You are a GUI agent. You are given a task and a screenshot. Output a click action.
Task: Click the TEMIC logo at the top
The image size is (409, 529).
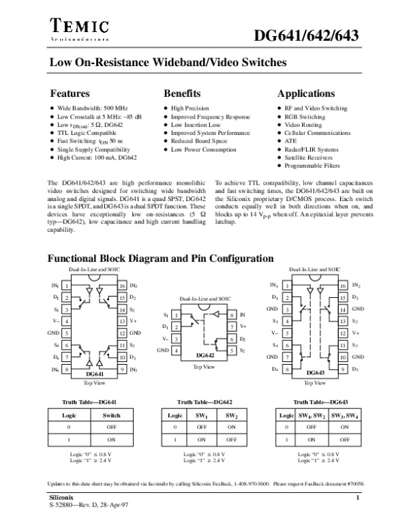point(81,28)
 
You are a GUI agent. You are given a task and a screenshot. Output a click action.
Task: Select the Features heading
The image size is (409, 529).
point(70,93)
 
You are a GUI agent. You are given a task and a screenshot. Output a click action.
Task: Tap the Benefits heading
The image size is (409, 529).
point(182,93)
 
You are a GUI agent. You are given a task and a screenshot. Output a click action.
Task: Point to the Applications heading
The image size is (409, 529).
point(306,93)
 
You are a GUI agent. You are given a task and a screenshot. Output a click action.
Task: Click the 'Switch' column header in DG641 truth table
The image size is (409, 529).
point(110,414)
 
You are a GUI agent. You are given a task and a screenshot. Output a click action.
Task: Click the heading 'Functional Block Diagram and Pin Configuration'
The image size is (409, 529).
point(160,259)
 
